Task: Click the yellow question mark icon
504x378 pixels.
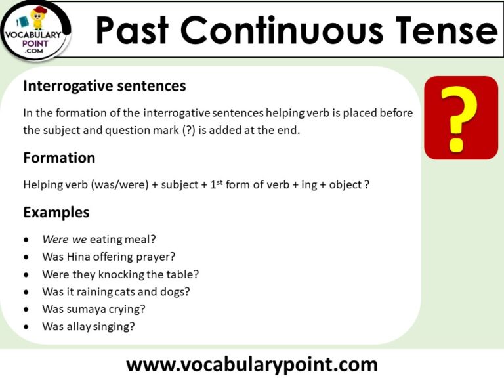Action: pos(461,118)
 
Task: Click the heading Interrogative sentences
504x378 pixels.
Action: pos(104,86)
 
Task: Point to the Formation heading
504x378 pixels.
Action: pos(59,158)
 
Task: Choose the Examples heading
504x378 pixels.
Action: pos(56,213)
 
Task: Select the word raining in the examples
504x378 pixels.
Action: pos(93,291)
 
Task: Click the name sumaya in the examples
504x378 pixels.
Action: pos(83,308)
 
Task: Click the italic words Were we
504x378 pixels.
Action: pos(64,240)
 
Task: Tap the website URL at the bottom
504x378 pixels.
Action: pos(252,364)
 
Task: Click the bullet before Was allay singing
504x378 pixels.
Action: pos(26,326)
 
